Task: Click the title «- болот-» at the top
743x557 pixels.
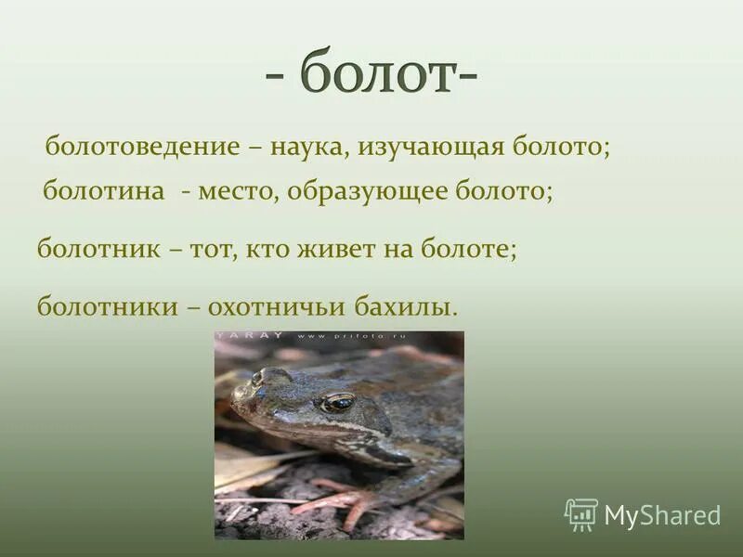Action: pos(371,74)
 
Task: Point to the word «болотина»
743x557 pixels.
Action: pos(104,192)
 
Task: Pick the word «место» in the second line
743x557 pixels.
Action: pos(236,192)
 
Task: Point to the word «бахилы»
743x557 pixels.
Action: pos(414,306)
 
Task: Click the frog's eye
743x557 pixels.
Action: pos(337,402)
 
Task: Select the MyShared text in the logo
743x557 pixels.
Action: pos(662,515)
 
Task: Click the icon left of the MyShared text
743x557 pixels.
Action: pos(581,514)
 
